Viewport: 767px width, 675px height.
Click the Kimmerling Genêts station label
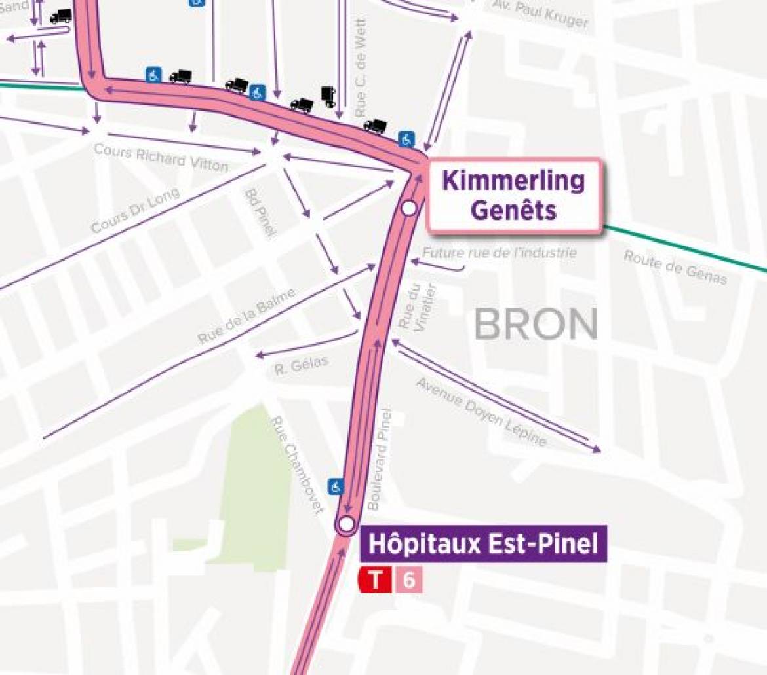click(x=513, y=195)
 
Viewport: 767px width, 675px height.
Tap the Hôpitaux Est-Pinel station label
click(x=484, y=544)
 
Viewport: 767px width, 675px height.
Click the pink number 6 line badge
click(x=408, y=580)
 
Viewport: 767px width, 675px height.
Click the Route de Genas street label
click(x=675, y=267)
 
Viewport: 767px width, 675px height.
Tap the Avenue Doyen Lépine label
click(x=482, y=412)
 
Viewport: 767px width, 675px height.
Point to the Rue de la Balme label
click(x=247, y=316)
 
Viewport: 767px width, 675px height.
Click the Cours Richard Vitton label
click(x=161, y=157)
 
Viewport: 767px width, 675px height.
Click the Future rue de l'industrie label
click(x=500, y=253)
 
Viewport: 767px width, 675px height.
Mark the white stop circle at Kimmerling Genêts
click(x=409, y=208)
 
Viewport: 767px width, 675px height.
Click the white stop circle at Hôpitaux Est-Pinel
click(x=345, y=524)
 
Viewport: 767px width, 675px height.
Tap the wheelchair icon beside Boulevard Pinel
click(x=336, y=486)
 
